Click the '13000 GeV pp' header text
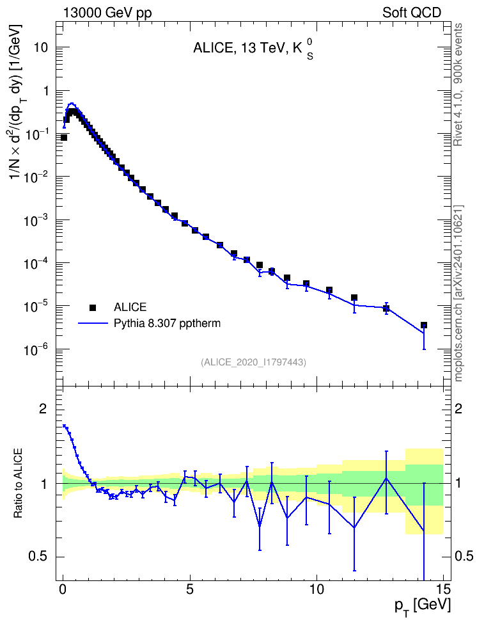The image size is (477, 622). point(107,13)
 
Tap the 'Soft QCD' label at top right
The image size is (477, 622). point(412,13)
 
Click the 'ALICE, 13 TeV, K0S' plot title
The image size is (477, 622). point(253,49)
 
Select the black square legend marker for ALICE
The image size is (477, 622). point(93,307)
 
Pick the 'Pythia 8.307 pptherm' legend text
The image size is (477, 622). point(167,324)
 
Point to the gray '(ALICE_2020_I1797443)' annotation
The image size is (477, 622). point(253,362)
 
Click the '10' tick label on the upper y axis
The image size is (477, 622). point(40,47)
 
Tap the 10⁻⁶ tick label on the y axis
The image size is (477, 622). point(37,349)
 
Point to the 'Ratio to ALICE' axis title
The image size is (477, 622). point(18,483)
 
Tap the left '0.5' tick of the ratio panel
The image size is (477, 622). point(37,557)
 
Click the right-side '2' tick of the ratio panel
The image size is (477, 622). point(458,409)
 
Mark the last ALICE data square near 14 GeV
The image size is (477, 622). point(424,325)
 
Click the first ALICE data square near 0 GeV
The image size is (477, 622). point(63,137)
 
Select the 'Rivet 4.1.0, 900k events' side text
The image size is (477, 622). point(458,84)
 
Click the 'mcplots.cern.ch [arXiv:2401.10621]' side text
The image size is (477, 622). point(458,293)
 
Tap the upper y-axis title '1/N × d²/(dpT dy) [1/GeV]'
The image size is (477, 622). point(17,101)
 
